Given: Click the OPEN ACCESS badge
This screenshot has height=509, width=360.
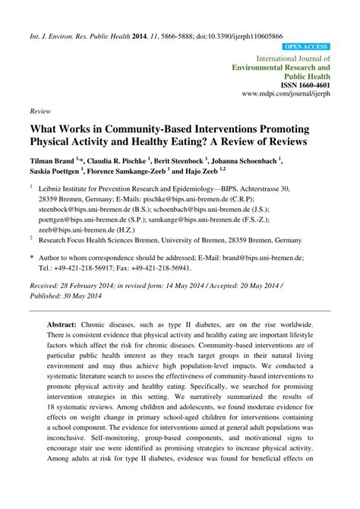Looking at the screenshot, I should (x=306, y=47).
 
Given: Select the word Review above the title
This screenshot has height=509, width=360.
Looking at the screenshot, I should (x=39, y=110).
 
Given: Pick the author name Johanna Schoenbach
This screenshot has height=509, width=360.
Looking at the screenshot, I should (x=248, y=161).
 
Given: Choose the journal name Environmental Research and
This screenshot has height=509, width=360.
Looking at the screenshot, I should (x=282, y=67).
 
